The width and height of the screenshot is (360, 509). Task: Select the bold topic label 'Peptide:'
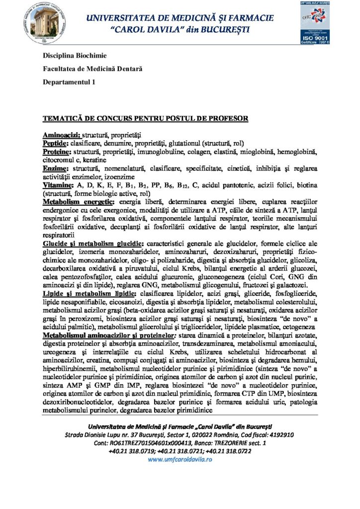[x=56, y=143]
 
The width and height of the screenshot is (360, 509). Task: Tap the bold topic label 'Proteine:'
[x=57, y=151]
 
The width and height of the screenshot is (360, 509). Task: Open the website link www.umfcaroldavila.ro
[x=180, y=460]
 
